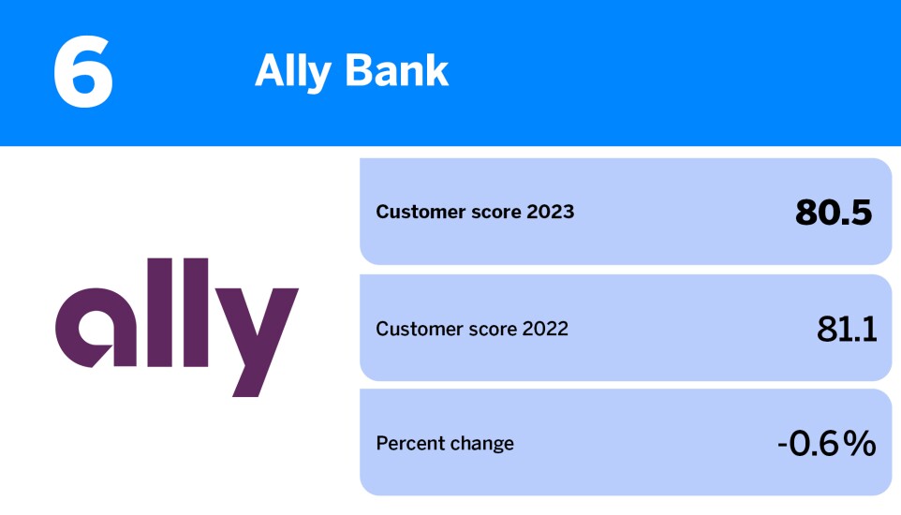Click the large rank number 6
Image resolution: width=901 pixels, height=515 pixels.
[x=82, y=73]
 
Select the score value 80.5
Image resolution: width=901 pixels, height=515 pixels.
[x=834, y=213]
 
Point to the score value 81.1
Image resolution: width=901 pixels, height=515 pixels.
[x=846, y=329]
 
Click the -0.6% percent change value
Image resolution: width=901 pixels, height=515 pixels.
[x=826, y=443]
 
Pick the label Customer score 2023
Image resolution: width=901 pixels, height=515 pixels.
[x=475, y=212]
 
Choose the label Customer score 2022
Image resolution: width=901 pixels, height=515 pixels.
[x=472, y=329]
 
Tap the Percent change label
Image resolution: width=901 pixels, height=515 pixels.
[x=445, y=443]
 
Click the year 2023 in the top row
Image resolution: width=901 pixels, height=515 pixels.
[x=550, y=212]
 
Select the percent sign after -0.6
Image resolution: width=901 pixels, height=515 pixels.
[x=859, y=443]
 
